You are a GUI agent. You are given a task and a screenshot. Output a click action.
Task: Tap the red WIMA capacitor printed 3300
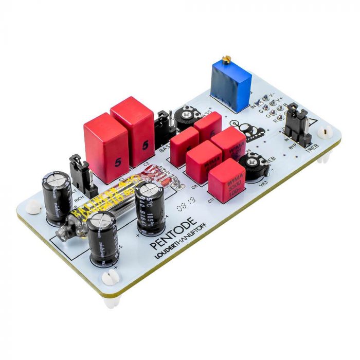[x=226, y=177]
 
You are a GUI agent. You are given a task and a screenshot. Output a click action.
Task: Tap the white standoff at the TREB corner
[x=325, y=133]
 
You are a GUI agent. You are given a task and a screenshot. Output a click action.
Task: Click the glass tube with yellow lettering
[x=103, y=206]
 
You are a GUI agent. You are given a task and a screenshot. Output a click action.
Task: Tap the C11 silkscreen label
[x=210, y=200]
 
